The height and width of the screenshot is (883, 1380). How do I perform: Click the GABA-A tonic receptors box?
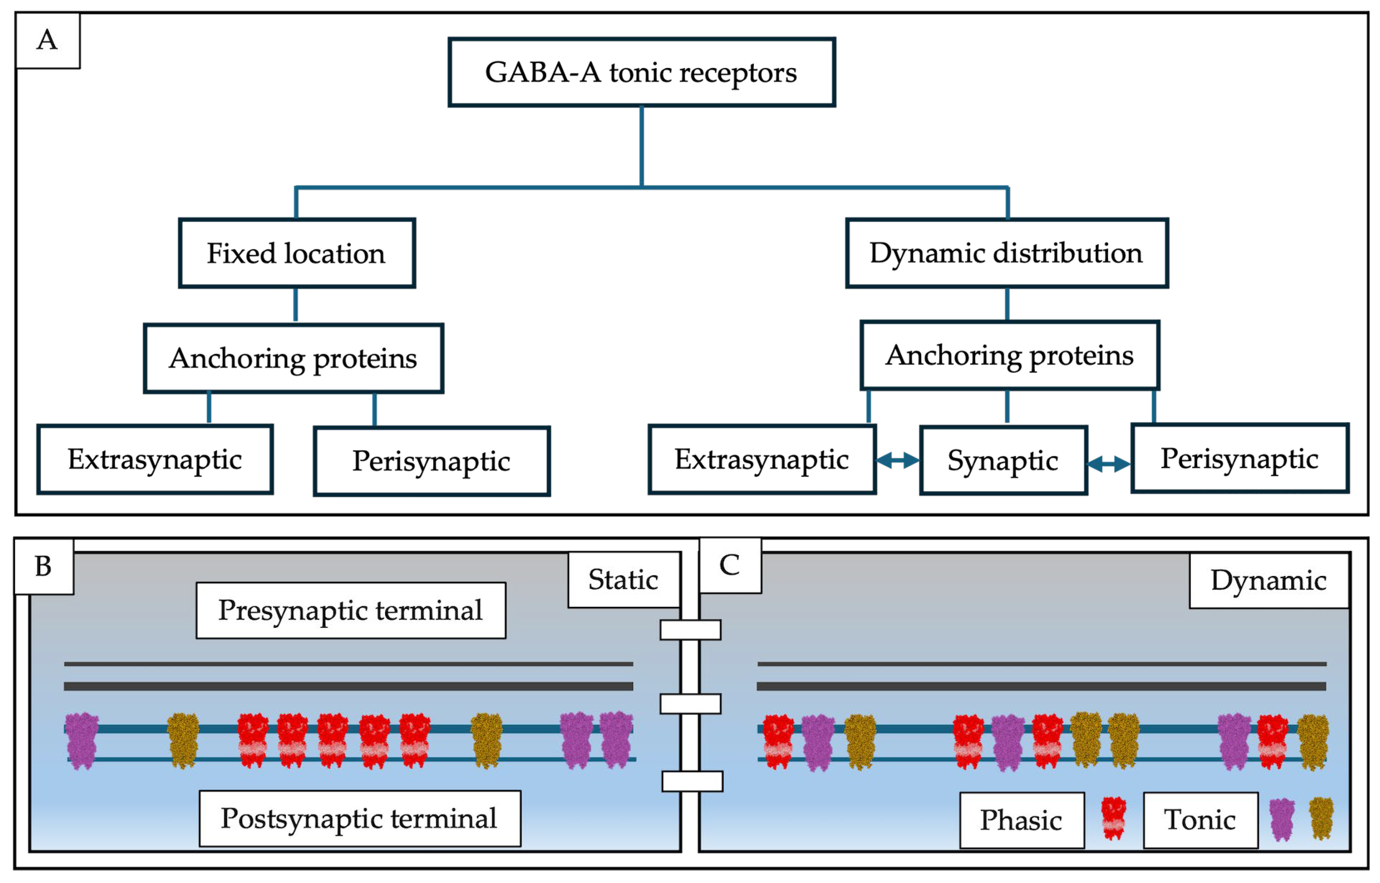click(x=641, y=72)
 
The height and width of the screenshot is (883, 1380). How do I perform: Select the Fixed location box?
click(x=297, y=253)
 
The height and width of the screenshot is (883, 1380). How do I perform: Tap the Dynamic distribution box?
click(x=1006, y=253)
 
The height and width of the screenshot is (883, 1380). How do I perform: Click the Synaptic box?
click(x=1003, y=460)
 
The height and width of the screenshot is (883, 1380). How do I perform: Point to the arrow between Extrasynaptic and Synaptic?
click(x=897, y=460)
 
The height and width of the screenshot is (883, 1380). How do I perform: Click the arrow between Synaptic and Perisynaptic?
click(x=1109, y=464)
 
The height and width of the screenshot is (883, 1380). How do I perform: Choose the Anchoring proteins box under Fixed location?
click(x=293, y=358)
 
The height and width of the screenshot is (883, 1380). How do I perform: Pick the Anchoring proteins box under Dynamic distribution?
click(x=1009, y=355)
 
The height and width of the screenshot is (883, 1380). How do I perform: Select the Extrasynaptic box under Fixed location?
click(x=155, y=459)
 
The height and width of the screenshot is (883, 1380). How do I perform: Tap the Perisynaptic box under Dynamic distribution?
click(x=1240, y=458)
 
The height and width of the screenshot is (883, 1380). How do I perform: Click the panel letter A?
click(x=47, y=40)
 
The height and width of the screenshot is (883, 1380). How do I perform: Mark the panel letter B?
click(x=43, y=566)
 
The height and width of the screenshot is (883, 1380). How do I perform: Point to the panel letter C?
click(x=729, y=566)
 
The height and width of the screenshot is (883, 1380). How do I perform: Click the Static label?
click(x=623, y=580)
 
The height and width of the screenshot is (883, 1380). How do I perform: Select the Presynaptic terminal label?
click(x=351, y=610)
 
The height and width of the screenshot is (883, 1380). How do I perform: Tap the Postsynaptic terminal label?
click(x=359, y=818)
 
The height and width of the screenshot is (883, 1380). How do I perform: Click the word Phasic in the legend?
click(x=1021, y=820)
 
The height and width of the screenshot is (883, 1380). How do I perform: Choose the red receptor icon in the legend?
click(x=1114, y=818)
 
